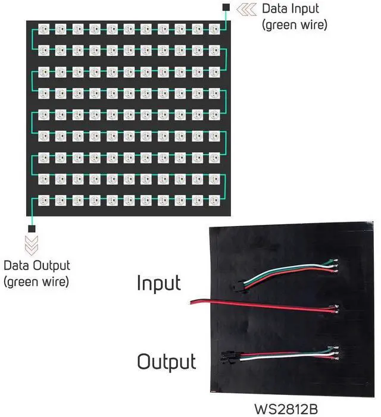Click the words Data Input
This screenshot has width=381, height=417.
click(x=290, y=9)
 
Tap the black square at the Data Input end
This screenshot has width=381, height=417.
click(x=226, y=7)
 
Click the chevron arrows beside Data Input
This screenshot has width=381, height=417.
click(x=246, y=9)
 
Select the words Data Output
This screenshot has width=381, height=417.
click(x=36, y=265)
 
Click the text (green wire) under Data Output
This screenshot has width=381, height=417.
click(x=36, y=281)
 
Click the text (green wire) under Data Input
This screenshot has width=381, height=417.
click(x=294, y=25)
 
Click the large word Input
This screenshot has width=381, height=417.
click(x=158, y=283)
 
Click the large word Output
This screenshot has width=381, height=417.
click(x=166, y=361)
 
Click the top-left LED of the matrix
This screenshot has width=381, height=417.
click(x=43, y=28)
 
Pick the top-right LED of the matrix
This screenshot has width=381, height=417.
click(x=214, y=28)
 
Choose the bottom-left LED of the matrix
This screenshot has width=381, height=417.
click(x=43, y=199)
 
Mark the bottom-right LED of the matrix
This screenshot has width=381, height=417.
click(x=214, y=199)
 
